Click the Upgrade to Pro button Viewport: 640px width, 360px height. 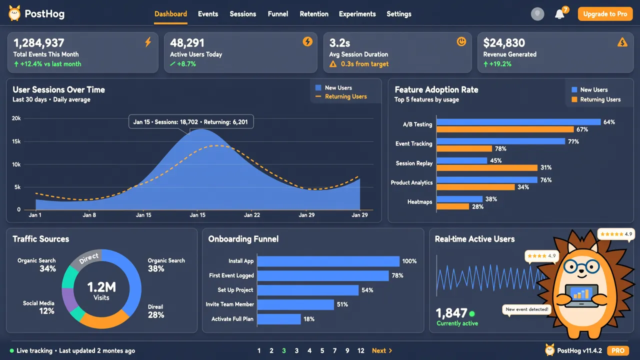click(x=605, y=14)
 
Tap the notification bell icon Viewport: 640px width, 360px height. click(x=559, y=14)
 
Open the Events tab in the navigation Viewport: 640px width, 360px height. click(x=208, y=14)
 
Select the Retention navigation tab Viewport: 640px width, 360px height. click(x=314, y=14)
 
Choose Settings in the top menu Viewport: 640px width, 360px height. click(x=399, y=14)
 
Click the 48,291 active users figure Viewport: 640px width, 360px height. click(x=187, y=43)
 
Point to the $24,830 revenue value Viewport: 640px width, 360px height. click(x=504, y=43)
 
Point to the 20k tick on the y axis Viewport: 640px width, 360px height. click(x=16, y=118)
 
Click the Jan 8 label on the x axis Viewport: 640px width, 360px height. click(x=89, y=215)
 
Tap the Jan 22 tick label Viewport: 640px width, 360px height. click(x=251, y=215)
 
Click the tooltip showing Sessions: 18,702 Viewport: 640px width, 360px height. click(x=191, y=122)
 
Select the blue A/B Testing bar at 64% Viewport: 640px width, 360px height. click(x=518, y=122)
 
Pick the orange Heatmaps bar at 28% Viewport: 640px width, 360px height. click(x=453, y=206)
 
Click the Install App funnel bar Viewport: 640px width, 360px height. click(x=328, y=261)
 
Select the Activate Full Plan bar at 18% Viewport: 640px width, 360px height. click(x=279, y=319)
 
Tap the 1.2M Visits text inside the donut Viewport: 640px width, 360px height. click(x=101, y=290)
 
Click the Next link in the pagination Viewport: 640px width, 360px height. click(x=381, y=350)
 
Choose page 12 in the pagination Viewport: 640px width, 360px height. click(x=361, y=350)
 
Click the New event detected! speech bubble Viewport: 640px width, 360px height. click(x=526, y=309)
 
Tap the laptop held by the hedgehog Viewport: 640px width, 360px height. click(x=581, y=295)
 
